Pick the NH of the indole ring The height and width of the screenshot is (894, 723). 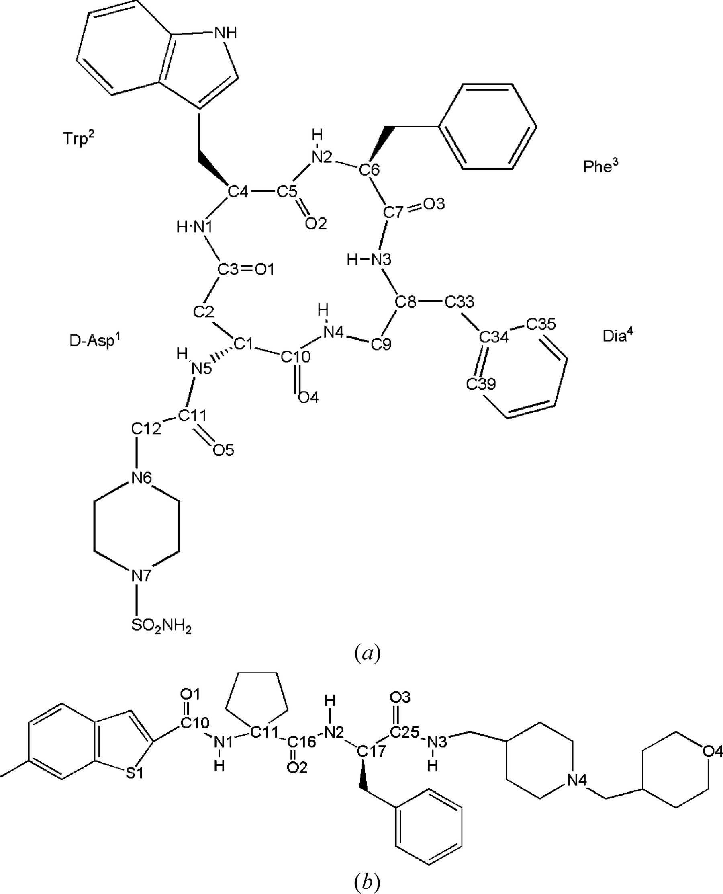coord(225,33)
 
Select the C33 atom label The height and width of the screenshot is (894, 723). coord(459,301)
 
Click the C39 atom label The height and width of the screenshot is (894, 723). coord(481,383)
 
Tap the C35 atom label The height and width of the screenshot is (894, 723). coord(541,324)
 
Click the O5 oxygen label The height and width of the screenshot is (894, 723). coord(223,450)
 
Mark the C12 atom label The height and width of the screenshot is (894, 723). coord(146,428)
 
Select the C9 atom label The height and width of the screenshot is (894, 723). coord(381,344)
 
